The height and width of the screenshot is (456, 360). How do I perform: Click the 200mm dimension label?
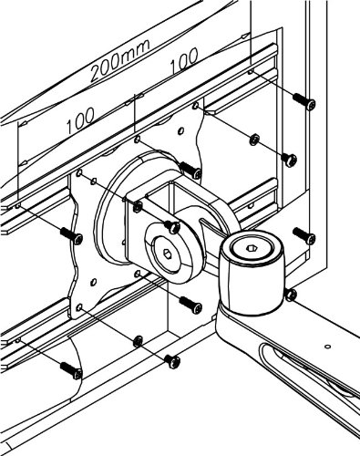120,61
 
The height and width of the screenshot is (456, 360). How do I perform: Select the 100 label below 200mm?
80,121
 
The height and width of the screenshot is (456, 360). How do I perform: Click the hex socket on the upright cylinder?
252,248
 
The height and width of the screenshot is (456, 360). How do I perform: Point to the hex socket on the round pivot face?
167,253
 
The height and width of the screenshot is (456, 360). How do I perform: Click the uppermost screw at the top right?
304,101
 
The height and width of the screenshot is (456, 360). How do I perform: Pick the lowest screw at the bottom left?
71,370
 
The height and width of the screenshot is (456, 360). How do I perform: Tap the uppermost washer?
254,140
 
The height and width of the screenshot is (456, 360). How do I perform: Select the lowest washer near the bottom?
138,341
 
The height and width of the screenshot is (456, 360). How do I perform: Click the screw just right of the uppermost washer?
289,159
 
